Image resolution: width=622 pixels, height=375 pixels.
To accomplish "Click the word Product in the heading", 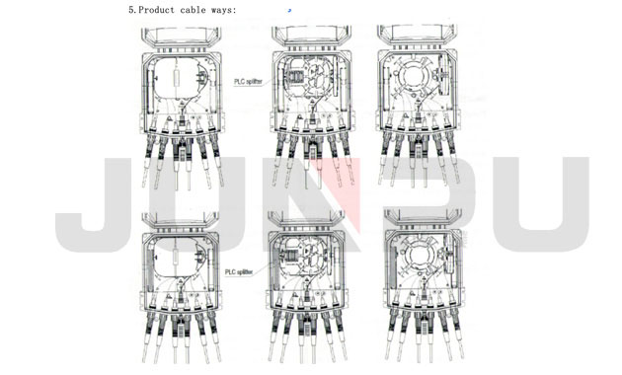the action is tap(156, 10).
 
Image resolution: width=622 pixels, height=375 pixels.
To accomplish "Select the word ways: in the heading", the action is tap(224, 10).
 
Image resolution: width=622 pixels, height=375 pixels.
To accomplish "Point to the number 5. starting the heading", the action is tap(133, 10).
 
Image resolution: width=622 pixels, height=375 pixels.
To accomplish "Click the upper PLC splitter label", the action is tap(249, 82).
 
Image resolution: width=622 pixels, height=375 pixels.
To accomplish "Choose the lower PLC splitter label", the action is tap(239, 272).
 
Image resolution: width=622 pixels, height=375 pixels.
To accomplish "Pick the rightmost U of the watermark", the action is tap(541, 204).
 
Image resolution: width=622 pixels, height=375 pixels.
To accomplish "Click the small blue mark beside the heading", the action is tap(289, 10).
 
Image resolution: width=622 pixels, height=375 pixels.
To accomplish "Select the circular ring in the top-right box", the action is tap(414, 77).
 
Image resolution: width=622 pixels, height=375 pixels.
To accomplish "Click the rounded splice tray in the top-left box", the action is tap(178, 78).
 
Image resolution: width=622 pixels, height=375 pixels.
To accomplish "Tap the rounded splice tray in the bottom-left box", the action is tap(178, 258).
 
